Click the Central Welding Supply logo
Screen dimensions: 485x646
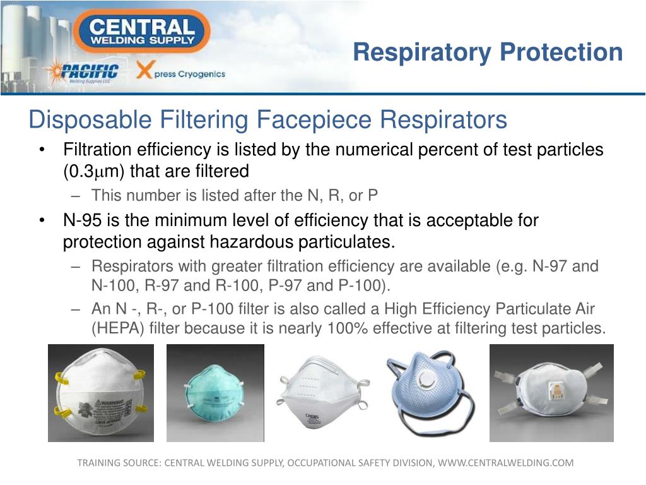click(x=141, y=31)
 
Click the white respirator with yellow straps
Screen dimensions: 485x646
click(x=101, y=393)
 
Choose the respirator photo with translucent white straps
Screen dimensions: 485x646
click(x=551, y=393)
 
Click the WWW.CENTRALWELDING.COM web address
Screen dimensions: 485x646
click(x=505, y=463)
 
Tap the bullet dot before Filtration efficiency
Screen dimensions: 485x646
click(x=42, y=150)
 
